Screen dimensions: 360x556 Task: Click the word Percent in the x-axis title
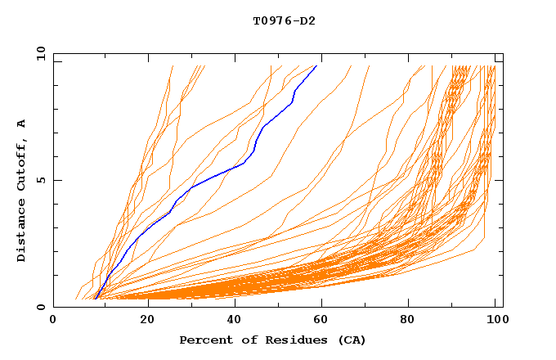coord(204,340)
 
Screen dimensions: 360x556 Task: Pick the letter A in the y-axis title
coord(21,123)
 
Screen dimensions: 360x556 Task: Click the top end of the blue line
coord(316,65)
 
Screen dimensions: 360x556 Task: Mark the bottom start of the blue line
coord(95,299)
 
